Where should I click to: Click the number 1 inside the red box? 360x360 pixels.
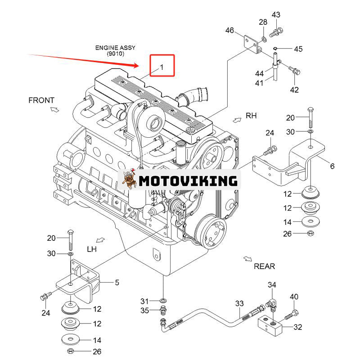[162, 67]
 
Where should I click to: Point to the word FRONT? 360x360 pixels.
[41, 100]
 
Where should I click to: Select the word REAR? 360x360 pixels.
[264, 266]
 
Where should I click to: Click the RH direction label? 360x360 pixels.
[251, 116]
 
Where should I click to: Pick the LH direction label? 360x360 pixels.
[92, 249]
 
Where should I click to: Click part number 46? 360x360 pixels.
[229, 31]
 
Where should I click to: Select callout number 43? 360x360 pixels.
[276, 15]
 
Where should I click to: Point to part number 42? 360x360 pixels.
[294, 90]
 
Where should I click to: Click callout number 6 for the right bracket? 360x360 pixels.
[332, 166]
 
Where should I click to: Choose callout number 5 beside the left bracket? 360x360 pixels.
[117, 283]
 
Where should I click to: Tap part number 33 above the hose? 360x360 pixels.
[239, 304]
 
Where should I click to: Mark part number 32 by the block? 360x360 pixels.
[297, 327]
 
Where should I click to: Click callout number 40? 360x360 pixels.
[294, 297]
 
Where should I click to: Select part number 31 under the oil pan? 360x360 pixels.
[144, 301]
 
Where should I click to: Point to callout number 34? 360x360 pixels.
[272, 285]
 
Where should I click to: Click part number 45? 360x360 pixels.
[298, 49]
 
